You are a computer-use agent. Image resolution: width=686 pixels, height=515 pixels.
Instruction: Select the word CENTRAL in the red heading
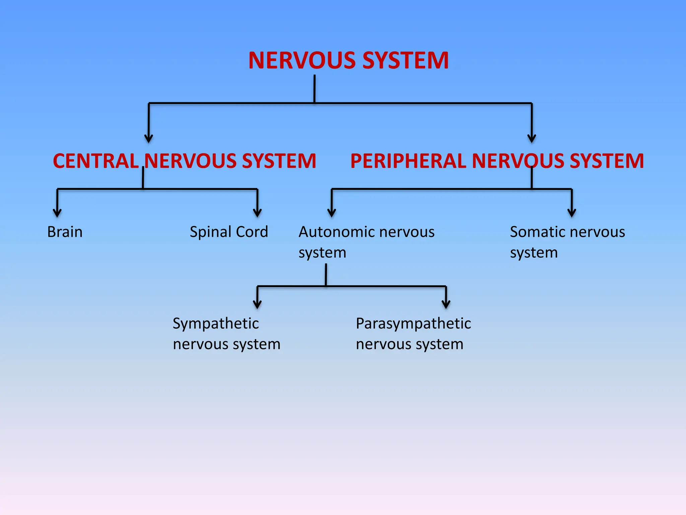[96, 161]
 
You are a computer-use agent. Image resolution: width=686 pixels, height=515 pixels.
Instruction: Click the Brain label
[65, 232]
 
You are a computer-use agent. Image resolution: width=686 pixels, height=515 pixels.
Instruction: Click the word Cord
[252, 232]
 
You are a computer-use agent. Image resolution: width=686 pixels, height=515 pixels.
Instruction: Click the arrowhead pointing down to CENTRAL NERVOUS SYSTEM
[149, 139]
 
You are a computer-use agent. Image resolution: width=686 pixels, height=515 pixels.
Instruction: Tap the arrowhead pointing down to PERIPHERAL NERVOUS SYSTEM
[532, 139]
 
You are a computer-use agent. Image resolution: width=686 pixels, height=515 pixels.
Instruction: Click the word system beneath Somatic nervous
[534, 253]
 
